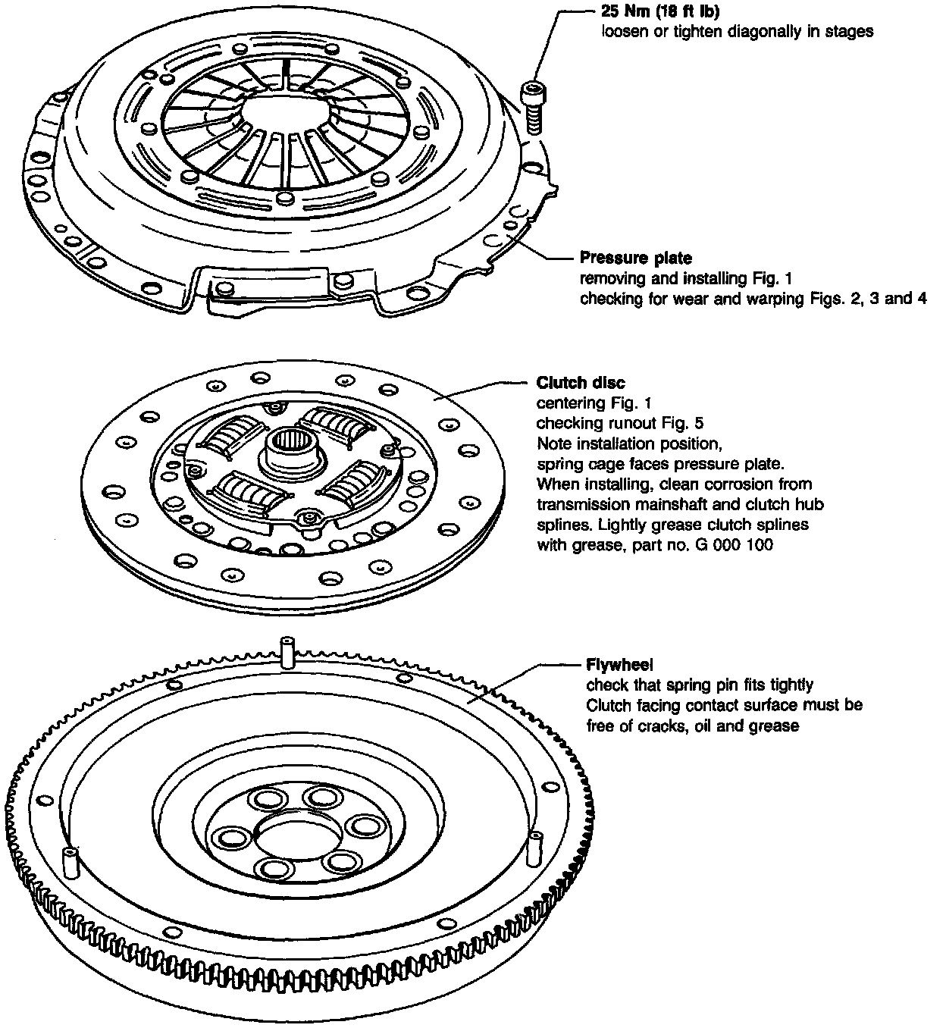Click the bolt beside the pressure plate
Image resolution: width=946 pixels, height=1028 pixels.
tap(531, 107)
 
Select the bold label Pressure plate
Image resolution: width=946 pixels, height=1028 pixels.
tap(635, 259)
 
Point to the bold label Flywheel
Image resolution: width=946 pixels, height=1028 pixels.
tap(619, 666)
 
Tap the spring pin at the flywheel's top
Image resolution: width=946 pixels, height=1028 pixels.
tap(287, 653)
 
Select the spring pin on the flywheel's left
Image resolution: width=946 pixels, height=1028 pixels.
tap(70, 861)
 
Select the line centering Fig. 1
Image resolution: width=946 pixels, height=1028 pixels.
tap(594, 403)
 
